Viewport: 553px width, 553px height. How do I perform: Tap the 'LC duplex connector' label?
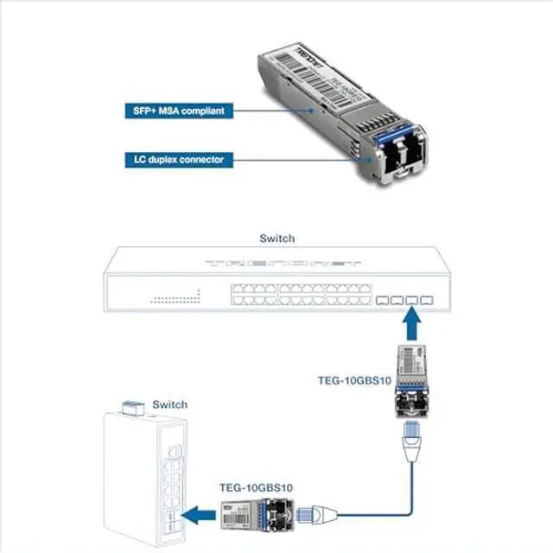pyautogui.click(x=174, y=160)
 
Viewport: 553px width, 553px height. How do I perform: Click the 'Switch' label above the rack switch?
pyautogui.click(x=276, y=238)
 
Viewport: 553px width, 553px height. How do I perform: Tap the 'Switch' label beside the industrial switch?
pyautogui.click(x=169, y=404)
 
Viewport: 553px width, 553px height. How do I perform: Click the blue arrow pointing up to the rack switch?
pyautogui.click(x=412, y=327)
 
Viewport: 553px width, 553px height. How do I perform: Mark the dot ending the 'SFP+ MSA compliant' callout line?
pyautogui.click(x=309, y=111)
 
